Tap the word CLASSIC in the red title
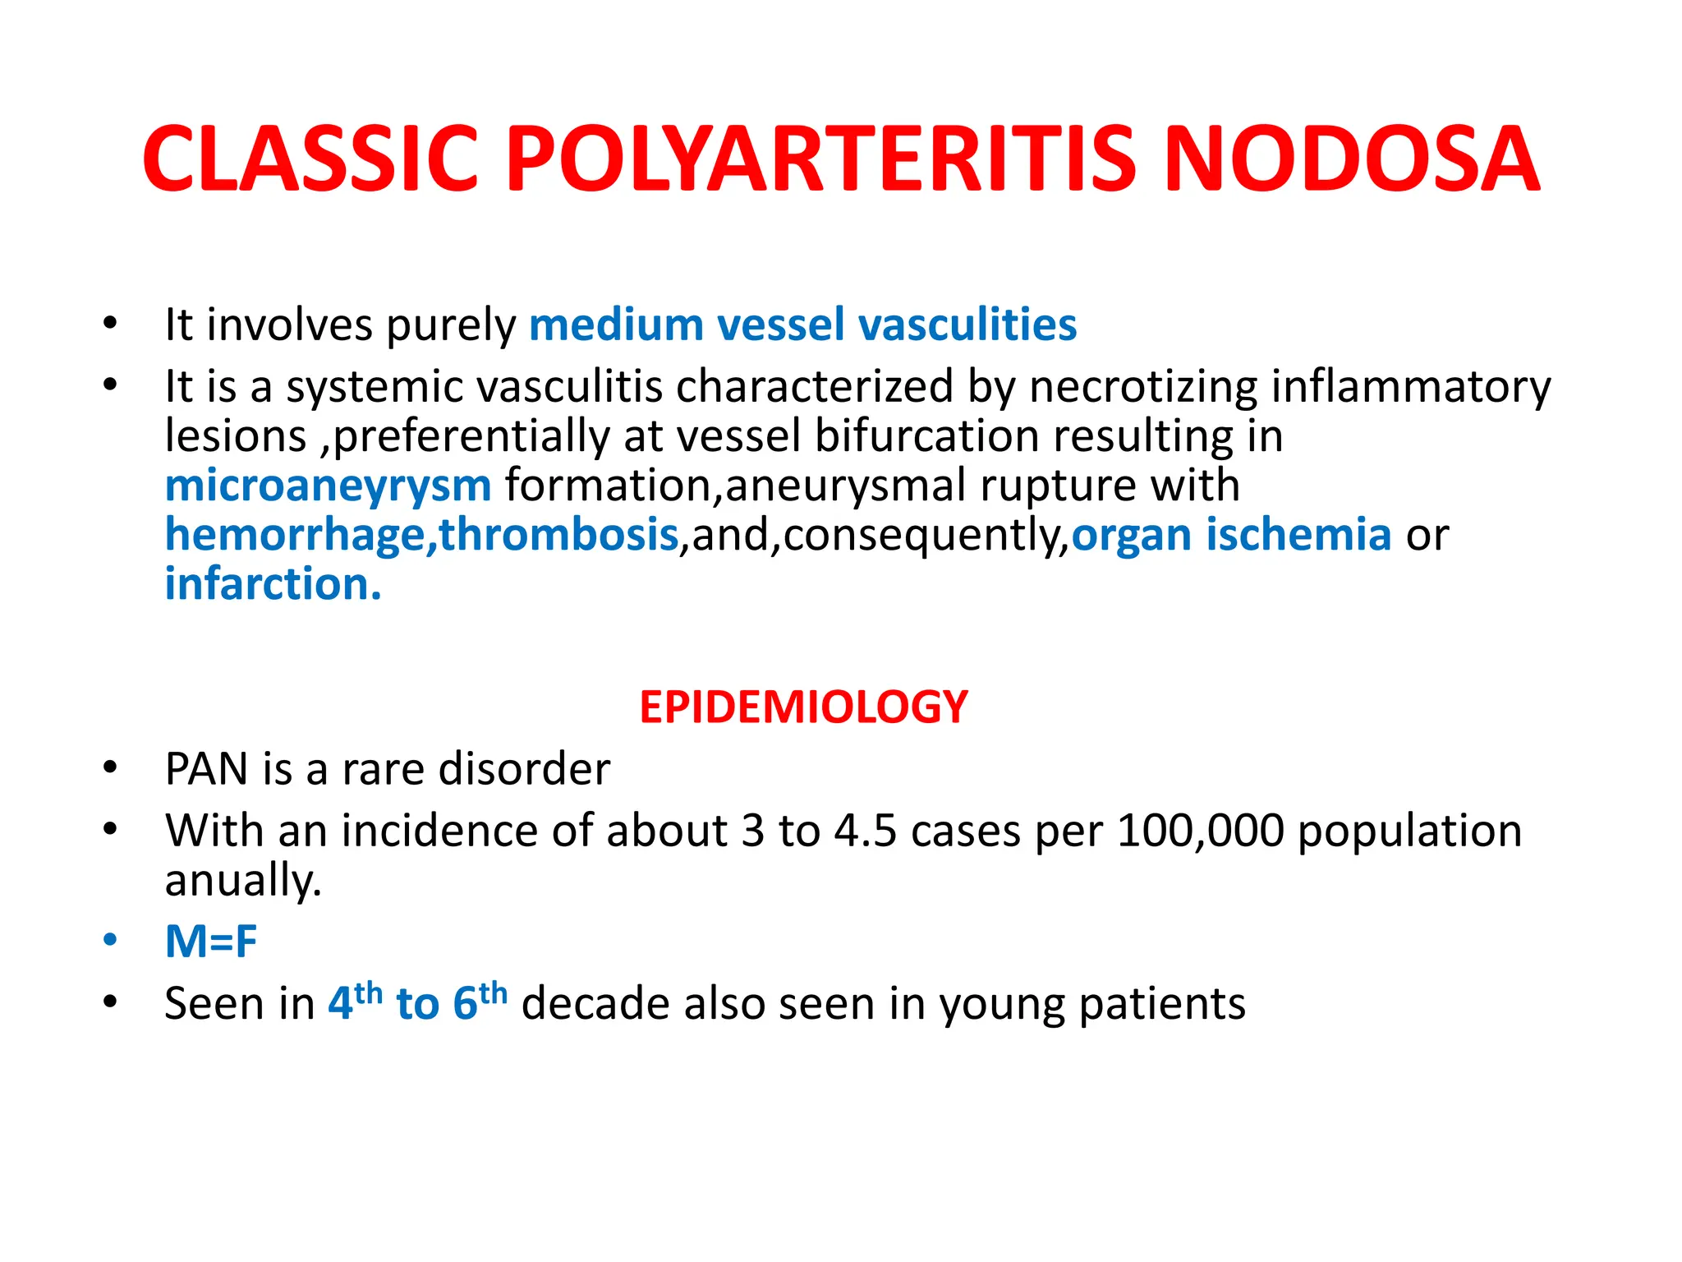point(310,159)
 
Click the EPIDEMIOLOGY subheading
point(803,707)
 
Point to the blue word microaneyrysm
point(328,486)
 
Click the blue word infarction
point(273,584)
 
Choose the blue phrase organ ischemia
point(1231,535)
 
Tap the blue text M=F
point(211,942)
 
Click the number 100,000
point(1201,831)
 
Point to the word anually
point(242,881)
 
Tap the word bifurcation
point(927,436)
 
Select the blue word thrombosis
point(558,535)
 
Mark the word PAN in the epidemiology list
point(206,770)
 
